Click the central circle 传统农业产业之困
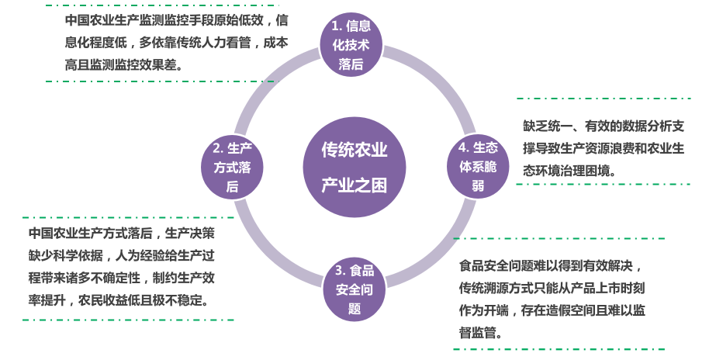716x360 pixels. coord(355,167)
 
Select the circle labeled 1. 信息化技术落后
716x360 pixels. coord(351,46)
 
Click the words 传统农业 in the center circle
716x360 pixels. coord(355,150)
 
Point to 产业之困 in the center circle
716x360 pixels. coord(355,186)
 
